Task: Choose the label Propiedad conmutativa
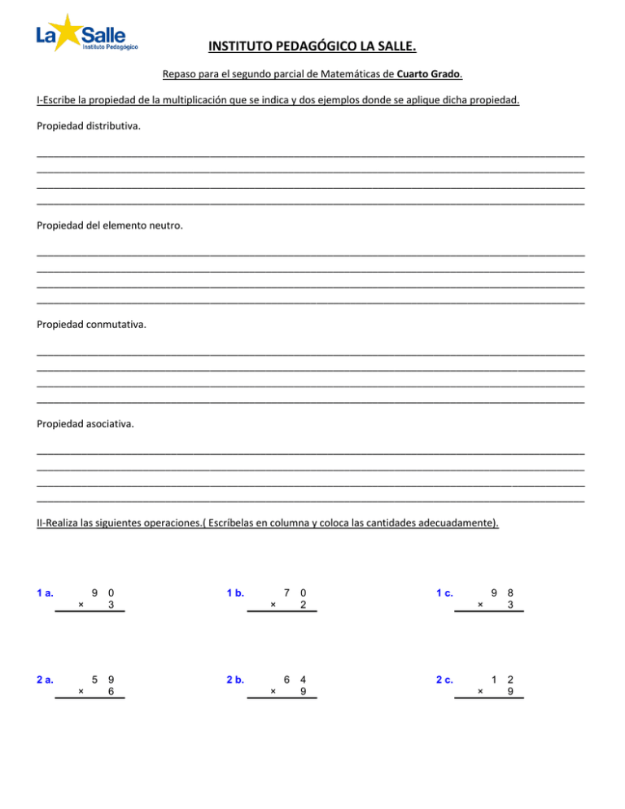coord(92,325)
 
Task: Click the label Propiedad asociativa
coord(86,424)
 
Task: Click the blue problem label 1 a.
coord(46,593)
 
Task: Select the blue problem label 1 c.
coord(444,593)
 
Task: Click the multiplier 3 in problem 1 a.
coord(111,605)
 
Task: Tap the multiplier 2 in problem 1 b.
coord(304,605)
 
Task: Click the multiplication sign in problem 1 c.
coord(480,605)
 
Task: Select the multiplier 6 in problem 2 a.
coord(111,691)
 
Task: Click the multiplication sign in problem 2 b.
coord(273,691)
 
